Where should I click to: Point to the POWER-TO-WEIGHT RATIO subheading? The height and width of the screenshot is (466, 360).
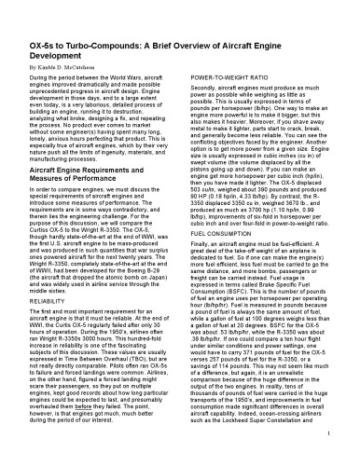point(219,53)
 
